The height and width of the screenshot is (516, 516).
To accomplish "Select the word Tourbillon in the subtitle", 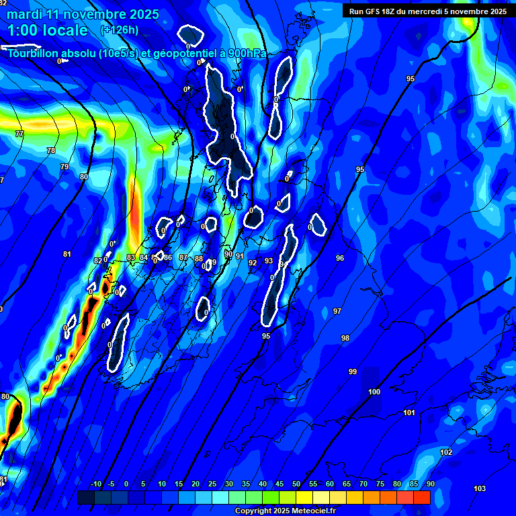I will pos(33,54).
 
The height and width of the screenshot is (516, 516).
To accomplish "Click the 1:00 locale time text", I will pos(48,30).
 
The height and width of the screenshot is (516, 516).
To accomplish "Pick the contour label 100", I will pos(374,392).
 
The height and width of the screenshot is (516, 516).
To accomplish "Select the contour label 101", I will pos(409,413).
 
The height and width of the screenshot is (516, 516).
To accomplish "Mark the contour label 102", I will pos(446,453).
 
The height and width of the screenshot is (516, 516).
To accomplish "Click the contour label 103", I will pos(480,488).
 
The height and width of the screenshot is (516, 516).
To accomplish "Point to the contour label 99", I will pos(353,372).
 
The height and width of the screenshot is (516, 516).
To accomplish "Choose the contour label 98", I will pos(345,338).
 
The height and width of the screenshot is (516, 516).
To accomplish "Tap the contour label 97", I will pos(337,311).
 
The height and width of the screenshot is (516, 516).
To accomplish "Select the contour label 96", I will pos(340,258).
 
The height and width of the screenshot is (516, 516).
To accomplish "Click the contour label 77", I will pos(19,134).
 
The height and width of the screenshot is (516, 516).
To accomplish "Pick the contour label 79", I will pos(64,167).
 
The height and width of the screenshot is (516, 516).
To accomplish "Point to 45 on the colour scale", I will pos(279,484).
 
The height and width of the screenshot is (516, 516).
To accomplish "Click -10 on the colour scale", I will pos(95,484).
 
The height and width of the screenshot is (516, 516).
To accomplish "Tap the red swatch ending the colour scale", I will pos(421,497).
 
